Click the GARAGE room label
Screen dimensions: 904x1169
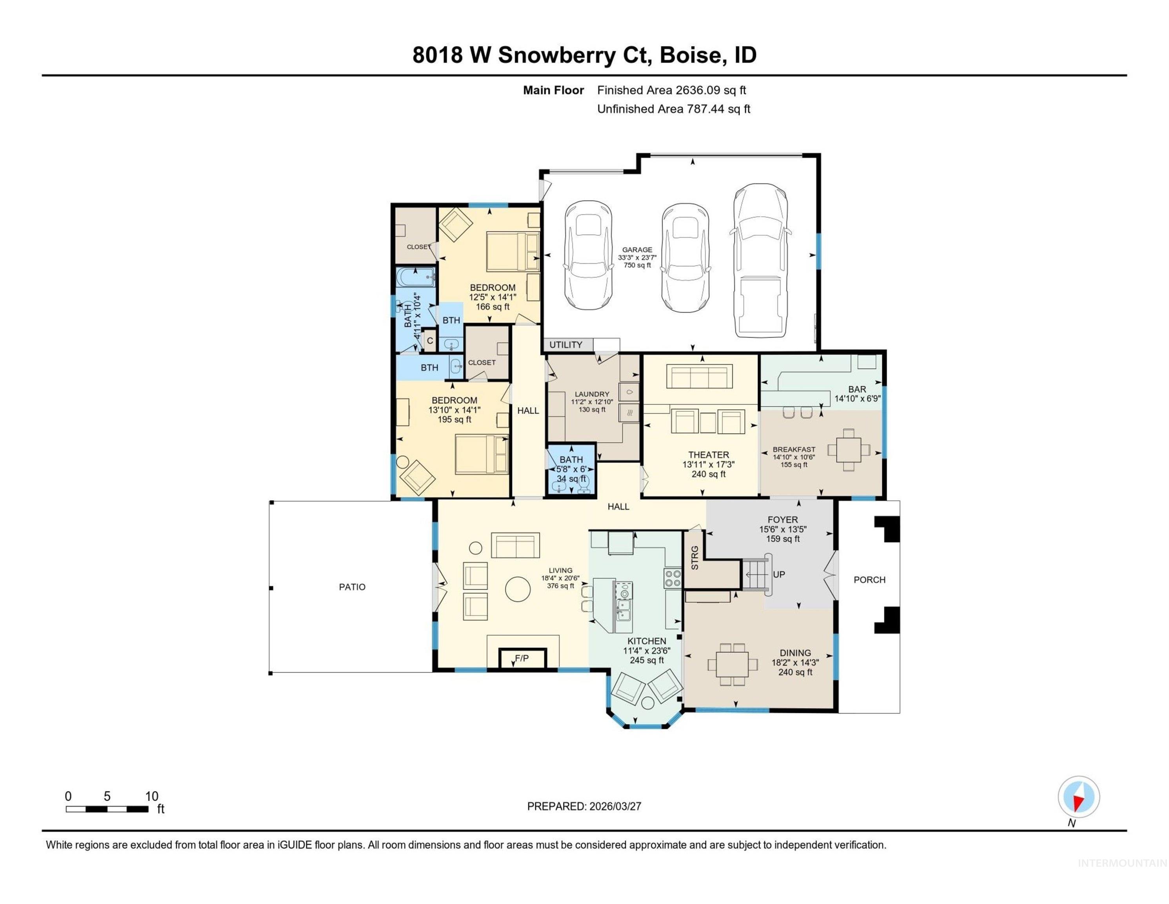point(637,250)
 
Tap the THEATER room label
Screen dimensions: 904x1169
point(708,455)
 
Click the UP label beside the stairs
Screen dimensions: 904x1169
point(779,574)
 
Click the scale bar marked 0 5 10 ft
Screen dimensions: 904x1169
point(107,809)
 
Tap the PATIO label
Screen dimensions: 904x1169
point(352,587)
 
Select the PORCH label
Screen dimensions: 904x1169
point(869,580)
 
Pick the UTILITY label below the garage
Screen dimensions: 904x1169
point(566,345)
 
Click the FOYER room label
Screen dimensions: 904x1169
point(783,519)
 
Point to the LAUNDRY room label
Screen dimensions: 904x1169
point(592,394)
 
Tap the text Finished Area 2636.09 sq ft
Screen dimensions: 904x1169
point(671,90)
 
